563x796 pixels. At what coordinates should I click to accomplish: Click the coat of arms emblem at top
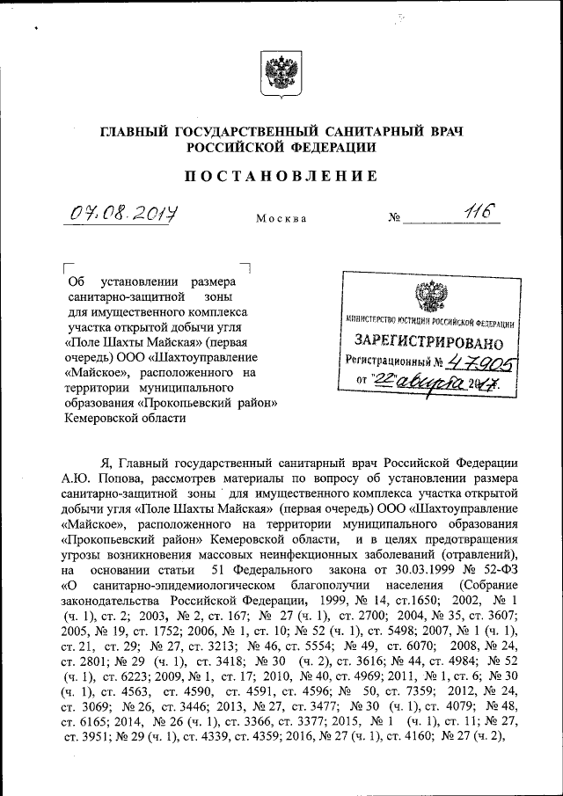tap(281, 72)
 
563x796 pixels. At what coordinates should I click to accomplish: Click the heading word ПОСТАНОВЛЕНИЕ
tap(281, 176)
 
